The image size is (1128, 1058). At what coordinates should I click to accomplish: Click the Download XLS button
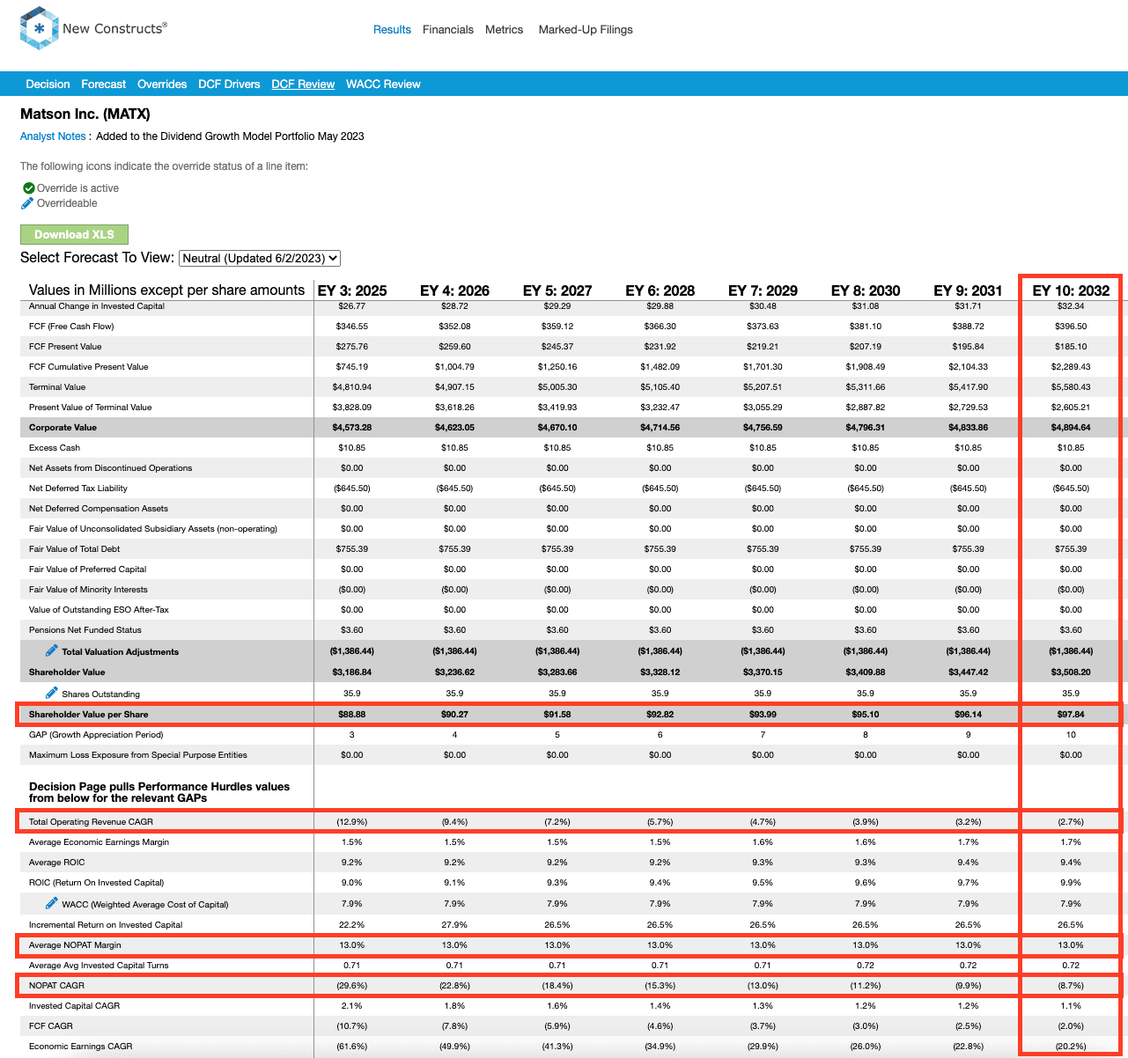coord(74,234)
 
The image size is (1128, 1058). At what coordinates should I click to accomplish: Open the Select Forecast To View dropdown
coord(260,259)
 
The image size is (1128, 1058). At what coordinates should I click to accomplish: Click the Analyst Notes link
coord(53,136)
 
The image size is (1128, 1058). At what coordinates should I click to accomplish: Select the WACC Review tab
coord(383,84)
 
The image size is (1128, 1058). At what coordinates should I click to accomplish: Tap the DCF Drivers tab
coord(229,84)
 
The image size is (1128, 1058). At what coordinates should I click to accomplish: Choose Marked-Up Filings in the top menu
coord(586,30)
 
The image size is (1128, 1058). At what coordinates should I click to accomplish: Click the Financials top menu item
coord(448,30)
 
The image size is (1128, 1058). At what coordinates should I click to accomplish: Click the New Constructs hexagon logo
coord(39,28)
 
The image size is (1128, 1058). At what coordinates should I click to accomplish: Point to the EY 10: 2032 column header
coord(1071,290)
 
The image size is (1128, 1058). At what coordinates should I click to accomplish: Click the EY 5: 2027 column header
coord(557,290)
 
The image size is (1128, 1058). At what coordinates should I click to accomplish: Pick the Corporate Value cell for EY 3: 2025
coord(352,428)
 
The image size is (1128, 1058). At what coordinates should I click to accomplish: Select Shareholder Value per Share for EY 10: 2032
coord(1071,715)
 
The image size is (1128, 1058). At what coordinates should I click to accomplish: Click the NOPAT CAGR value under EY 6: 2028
coord(660,985)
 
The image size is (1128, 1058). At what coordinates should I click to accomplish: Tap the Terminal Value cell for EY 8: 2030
coord(866,387)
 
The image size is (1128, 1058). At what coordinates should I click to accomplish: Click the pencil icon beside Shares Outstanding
coord(52,693)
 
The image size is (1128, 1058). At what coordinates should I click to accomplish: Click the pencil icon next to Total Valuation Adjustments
coord(52,650)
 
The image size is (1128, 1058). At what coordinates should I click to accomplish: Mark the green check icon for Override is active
coord(28,188)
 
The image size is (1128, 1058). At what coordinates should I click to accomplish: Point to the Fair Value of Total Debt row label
coord(74,549)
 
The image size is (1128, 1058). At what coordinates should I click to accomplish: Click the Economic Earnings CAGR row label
coord(81,1046)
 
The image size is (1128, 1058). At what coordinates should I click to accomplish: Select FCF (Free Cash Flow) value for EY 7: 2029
coord(763,327)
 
